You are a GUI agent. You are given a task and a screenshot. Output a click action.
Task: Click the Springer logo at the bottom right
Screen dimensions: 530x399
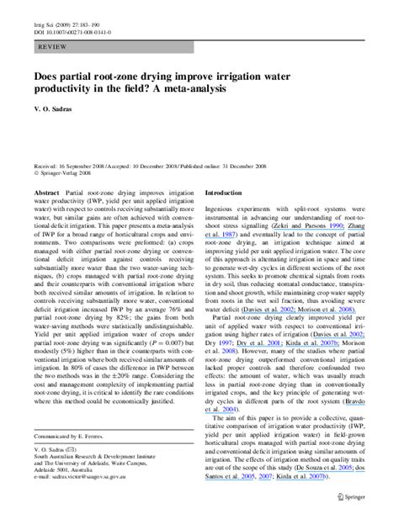[344, 508]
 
